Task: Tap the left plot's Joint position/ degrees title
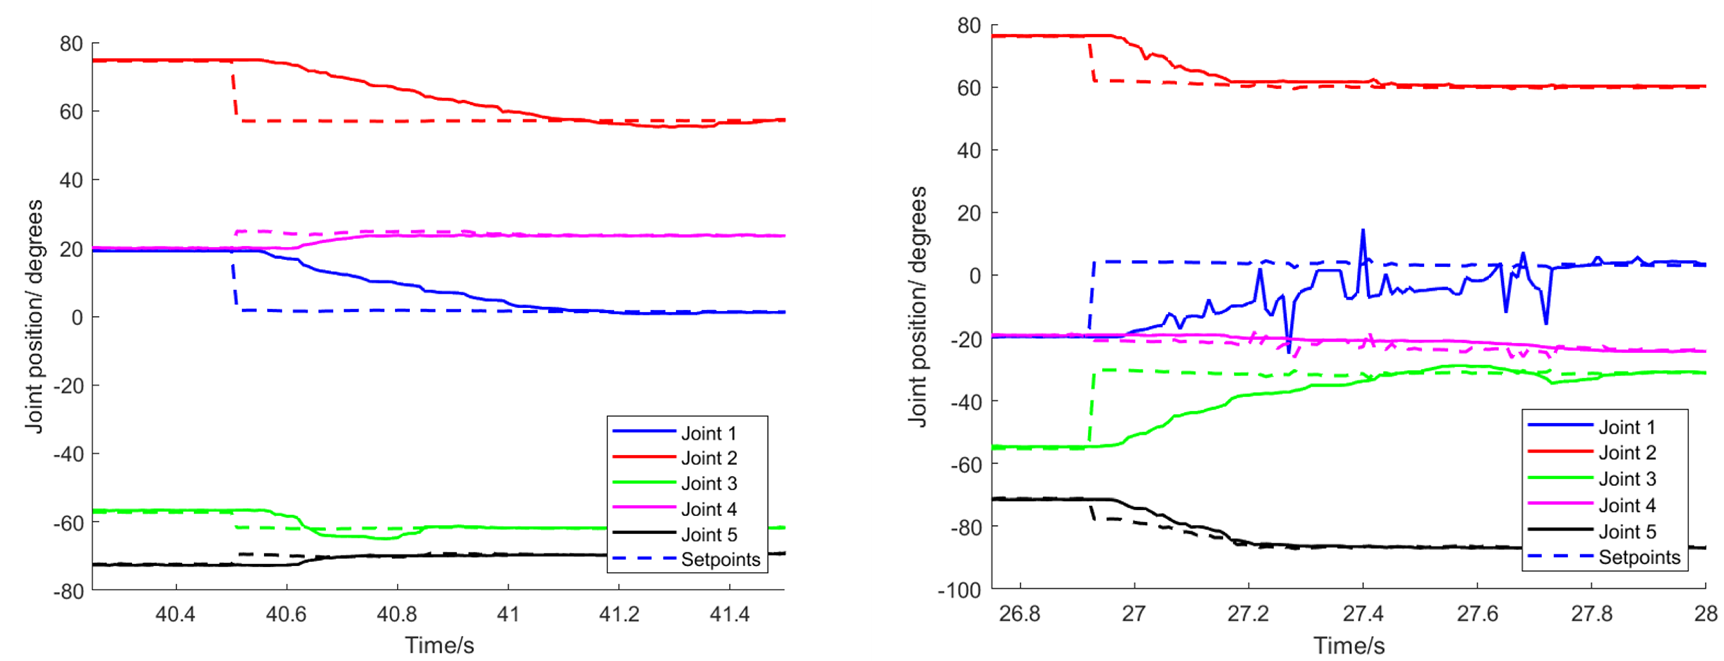(33, 316)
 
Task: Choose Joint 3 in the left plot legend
(709, 484)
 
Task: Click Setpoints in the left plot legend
(721, 560)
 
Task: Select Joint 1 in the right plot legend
(1627, 427)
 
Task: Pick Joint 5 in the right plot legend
(1627, 532)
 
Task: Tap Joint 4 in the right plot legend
(1627, 506)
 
